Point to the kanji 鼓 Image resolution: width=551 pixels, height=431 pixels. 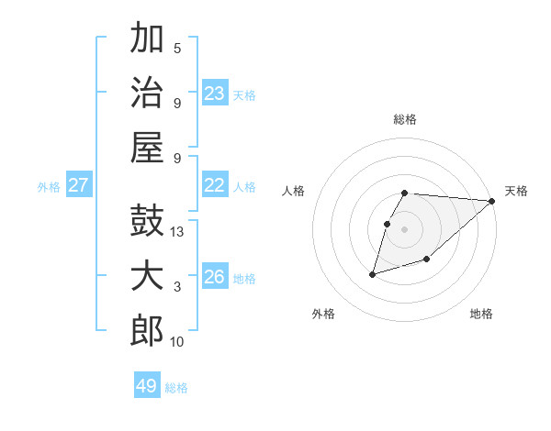[148, 223]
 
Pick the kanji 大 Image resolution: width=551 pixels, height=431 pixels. [148, 277]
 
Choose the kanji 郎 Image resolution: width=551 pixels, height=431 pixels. [148, 331]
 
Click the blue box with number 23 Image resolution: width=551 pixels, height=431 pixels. [214, 93]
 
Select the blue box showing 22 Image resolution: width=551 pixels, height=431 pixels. [214, 185]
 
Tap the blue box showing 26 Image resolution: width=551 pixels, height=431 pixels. [214, 277]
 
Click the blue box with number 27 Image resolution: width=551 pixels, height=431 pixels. [78, 185]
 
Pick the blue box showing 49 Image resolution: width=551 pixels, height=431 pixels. [147, 386]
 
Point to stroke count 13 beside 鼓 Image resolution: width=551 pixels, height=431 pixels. [178, 233]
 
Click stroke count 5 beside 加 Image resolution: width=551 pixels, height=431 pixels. [177, 49]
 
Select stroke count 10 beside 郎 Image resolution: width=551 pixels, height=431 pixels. [177, 342]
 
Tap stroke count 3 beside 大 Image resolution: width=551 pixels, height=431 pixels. [177, 287]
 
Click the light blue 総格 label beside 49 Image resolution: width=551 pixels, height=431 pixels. [176, 388]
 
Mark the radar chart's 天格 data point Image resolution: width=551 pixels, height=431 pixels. [491, 201]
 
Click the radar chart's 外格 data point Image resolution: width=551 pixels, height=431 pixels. [373, 273]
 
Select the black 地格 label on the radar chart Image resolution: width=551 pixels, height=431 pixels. [481, 314]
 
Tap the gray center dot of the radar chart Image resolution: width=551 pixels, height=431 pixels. [405, 228]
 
